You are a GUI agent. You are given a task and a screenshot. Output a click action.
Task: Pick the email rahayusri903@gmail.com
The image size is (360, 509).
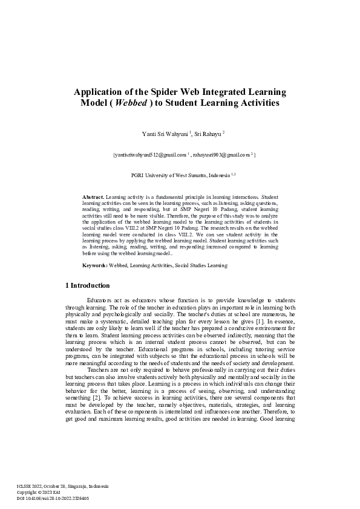(x=222, y=155)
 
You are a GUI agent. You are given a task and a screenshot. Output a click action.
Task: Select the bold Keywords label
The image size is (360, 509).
(x=95, y=265)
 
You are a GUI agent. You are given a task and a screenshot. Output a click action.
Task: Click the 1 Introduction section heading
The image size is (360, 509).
(x=87, y=285)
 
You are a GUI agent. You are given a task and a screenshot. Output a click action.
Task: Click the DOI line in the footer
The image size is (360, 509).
(x=53, y=499)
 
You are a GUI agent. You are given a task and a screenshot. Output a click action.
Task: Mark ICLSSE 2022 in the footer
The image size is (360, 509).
(x=30, y=487)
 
